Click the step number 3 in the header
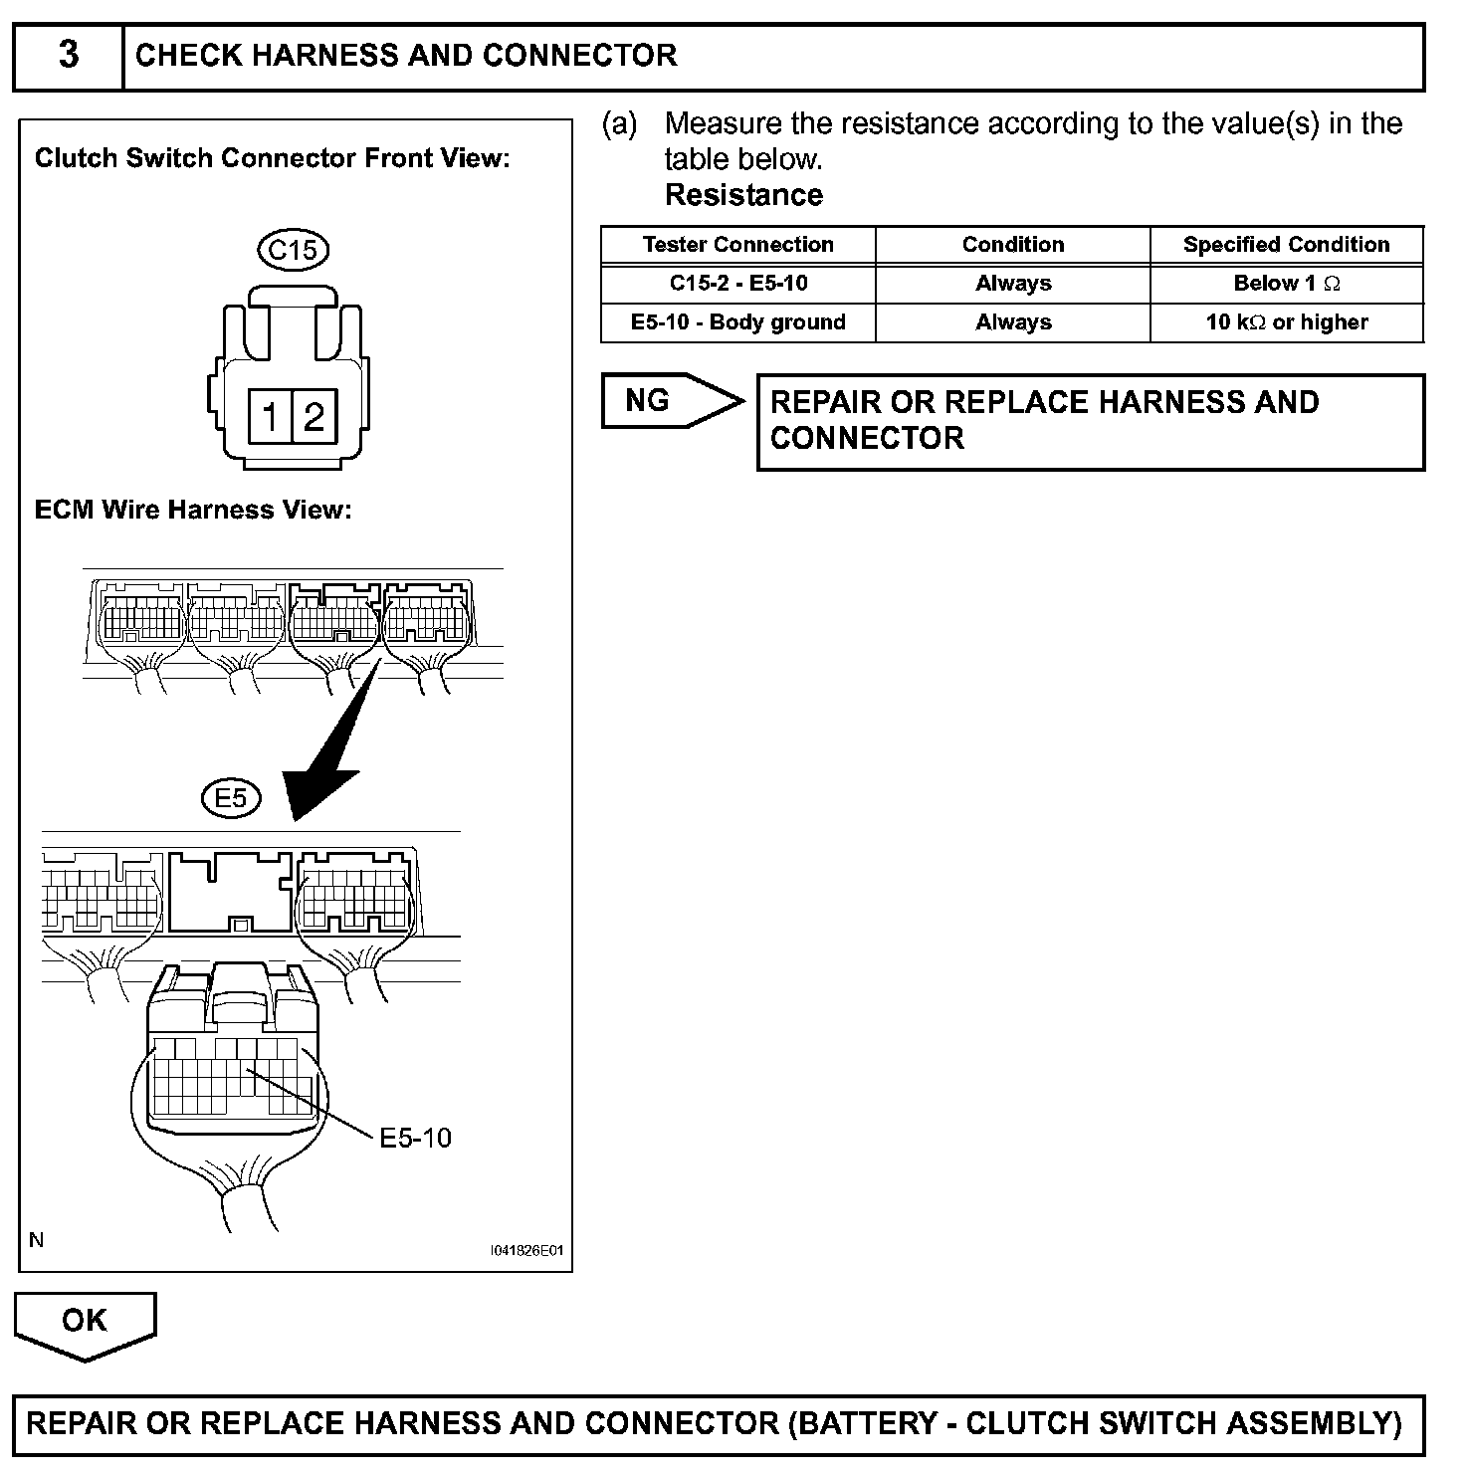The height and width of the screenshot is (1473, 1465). click(x=69, y=55)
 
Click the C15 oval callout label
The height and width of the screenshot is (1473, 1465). click(x=293, y=249)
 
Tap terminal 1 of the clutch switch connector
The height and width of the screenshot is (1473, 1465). click(x=269, y=416)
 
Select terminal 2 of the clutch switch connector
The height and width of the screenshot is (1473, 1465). click(x=314, y=416)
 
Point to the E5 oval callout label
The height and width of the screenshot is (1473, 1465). click(x=231, y=797)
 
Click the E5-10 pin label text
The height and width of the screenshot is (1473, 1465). click(x=415, y=1138)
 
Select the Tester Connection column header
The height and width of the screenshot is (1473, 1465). click(x=737, y=245)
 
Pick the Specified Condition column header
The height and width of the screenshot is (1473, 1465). click(x=1286, y=245)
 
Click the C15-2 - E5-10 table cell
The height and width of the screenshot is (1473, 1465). click(x=737, y=284)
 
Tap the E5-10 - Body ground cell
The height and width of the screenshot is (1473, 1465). click(x=737, y=322)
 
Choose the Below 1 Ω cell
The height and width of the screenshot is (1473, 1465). click(x=1286, y=284)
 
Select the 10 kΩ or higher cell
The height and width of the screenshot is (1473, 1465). click(x=1286, y=322)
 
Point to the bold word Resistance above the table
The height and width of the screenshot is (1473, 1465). click(x=743, y=195)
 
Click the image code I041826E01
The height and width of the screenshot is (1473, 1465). click(x=526, y=1250)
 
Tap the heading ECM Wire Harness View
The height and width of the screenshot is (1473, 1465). click(x=193, y=511)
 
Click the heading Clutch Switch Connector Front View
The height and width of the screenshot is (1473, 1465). click(x=272, y=159)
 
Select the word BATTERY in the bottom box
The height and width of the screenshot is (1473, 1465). click(x=867, y=1423)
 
